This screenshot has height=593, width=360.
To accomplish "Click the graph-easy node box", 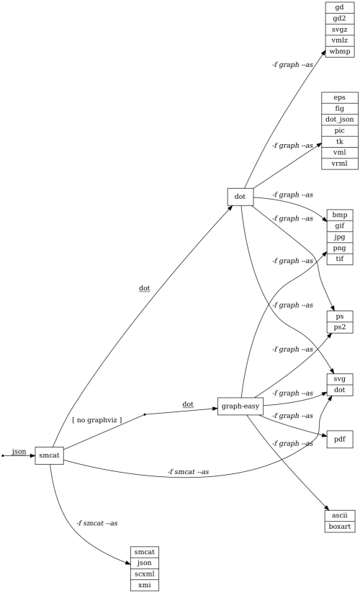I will point(240,406).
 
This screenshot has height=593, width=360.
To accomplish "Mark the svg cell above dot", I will point(340,379).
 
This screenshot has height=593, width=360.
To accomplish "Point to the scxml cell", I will point(144,574).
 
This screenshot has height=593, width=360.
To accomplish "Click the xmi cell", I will point(144,584).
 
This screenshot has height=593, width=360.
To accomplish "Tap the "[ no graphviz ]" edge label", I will point(97,419).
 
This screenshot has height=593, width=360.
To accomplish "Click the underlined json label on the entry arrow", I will point(19,451).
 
